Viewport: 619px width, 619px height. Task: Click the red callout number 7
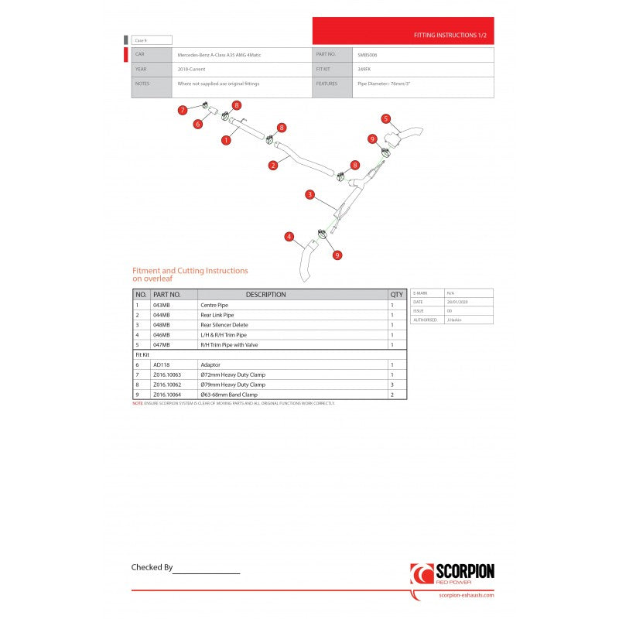click(x=183, y=110)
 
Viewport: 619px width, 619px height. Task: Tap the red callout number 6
click(x=198, y=124)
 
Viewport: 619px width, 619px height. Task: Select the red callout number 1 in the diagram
click(x=226, y=140)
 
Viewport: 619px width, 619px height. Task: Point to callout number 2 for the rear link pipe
click(x=273, y=165)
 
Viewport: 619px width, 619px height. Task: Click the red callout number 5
click(x=385, y=118)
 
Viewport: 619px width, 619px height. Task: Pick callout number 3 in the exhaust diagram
click(x=309, y=194)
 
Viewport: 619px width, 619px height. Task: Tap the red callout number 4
click(x=289, y=236)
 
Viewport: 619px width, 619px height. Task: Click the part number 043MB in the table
click(x=163, y=305)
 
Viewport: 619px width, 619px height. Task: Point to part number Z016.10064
click(x=169, y=395)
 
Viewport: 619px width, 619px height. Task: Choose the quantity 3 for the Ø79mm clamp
click(x=392, y=385)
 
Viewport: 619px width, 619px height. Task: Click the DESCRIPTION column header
click(x=265, y=295)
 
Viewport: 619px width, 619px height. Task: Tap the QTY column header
click(x=397, y=295)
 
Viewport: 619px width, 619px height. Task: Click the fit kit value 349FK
click(x=364, y=69)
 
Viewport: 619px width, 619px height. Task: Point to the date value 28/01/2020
click(x=455, y=302)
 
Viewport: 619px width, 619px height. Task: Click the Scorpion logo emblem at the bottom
click(x=422, y=574)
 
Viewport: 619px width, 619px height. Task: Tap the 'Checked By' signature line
click(x=206, y=571)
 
